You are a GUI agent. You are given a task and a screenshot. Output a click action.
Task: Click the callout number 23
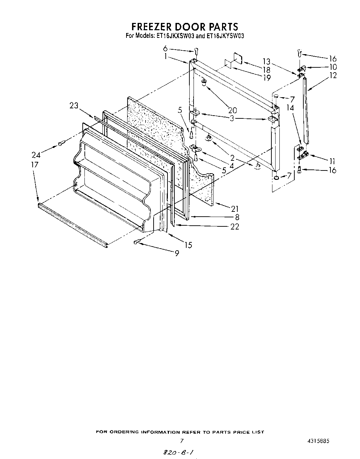(74, 106)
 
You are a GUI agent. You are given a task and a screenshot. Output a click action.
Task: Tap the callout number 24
(36, 155)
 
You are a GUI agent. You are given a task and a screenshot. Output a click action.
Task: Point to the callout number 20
(232, 110)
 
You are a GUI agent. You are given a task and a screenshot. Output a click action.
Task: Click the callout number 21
(235, 208)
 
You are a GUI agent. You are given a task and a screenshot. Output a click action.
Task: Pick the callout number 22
(235, 226)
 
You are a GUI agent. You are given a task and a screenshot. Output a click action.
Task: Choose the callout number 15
(188, 245)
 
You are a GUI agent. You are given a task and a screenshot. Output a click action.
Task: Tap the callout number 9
(177, 254)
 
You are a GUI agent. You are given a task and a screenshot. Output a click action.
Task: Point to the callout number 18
(267, 70)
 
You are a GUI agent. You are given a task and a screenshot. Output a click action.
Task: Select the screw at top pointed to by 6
(196, 51)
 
